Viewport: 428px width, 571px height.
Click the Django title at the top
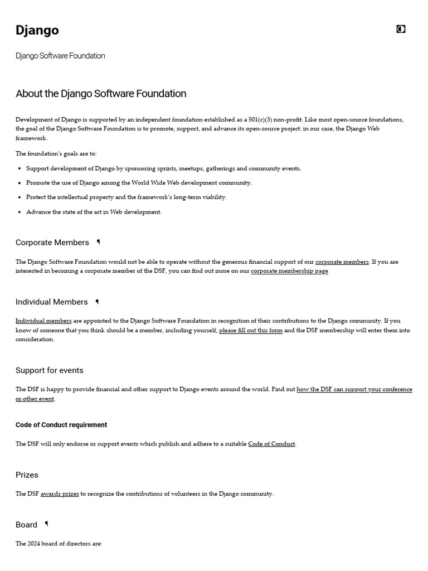click(37, 30)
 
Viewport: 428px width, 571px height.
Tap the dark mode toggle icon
click(401, 29)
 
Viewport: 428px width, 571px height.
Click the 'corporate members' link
click(342, 262)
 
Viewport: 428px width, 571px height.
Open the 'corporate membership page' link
click(289, 271)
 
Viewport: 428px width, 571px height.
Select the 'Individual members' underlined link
click(43, 321)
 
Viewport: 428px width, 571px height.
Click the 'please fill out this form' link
click(251, 330)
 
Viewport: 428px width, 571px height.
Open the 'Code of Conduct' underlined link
click(271, 444)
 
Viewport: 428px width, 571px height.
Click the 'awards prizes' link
click(60, 493)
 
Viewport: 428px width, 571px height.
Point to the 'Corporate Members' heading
click(52, 243)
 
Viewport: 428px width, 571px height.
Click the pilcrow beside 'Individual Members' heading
click(97, 302)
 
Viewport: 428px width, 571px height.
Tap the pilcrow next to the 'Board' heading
click(46, 524)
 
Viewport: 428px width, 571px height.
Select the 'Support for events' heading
click(50, 370)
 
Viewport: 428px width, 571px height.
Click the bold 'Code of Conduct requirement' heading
click(61, 425)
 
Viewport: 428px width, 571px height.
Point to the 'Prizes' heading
click(27, 475)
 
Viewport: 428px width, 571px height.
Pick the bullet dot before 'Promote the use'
click(20, 183)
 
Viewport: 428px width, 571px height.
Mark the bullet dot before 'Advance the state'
click(20, 212)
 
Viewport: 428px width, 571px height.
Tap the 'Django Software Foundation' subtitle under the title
click(60, 56)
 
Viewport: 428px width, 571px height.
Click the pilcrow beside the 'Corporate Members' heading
click(98, 242)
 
